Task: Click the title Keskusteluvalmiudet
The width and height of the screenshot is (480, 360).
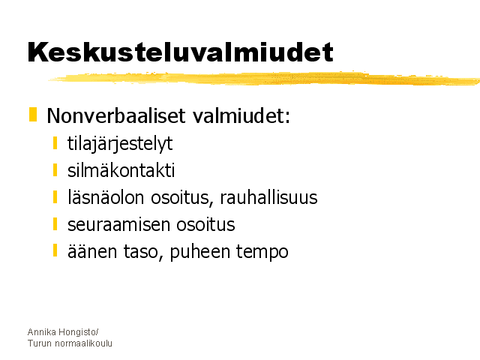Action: pos(180,52)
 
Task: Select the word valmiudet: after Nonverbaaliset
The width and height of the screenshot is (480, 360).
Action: pos(241,115)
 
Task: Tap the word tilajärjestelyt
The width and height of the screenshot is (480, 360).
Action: pos(120,144)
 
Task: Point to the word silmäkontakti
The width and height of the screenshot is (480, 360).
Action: pos(121,170)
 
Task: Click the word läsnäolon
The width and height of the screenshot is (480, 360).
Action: pos(106,197)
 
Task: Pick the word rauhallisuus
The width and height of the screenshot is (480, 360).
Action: pos(268,197)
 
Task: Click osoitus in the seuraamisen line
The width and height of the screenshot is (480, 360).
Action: pos(205,224)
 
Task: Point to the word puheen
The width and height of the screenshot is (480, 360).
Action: pos(199,253)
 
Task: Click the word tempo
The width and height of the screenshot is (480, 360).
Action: pos(262,253)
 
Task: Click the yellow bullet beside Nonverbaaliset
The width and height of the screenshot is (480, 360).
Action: pos(33,115)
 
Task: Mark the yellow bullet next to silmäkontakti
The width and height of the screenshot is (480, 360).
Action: pos(55,170)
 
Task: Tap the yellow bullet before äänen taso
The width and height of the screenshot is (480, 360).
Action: pos(55,250)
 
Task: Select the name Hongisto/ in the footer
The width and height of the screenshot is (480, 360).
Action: pos(78,332)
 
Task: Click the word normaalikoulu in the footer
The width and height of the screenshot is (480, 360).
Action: pos(83,343)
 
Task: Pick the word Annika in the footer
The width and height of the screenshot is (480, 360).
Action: pos(42,331)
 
